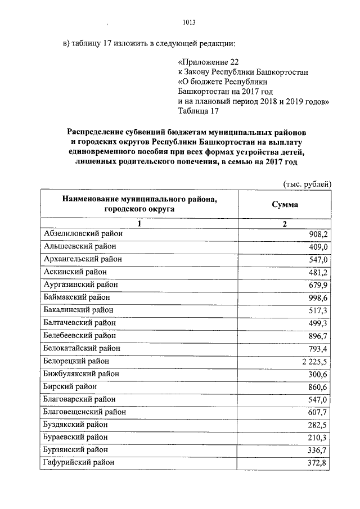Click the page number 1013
pos(189,22)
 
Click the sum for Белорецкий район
pos(314,361)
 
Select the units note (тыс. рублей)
pos(306,184)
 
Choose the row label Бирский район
pos(70,386)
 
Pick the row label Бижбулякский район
pos(81,373)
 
